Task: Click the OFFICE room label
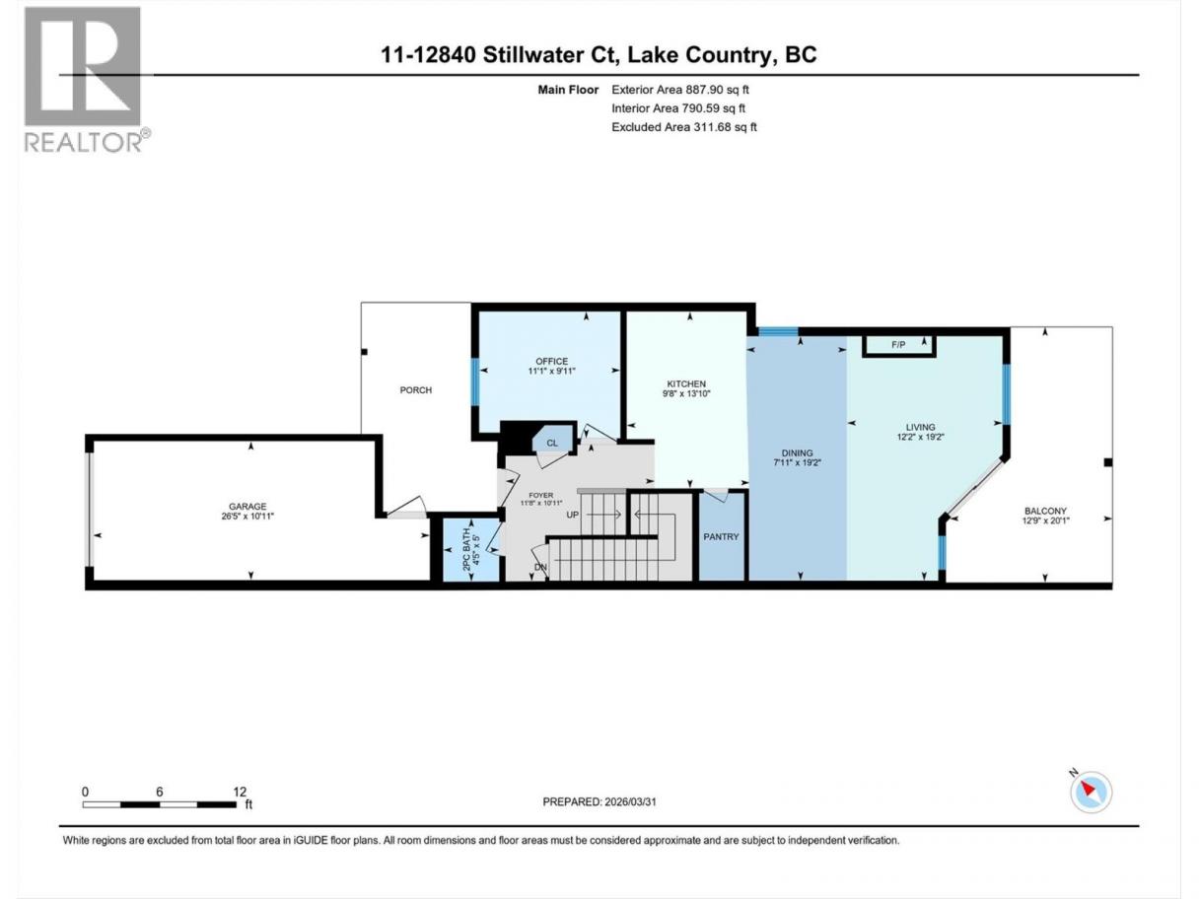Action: point(552,362)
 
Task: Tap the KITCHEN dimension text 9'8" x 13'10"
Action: point(686,393)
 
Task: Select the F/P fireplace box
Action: point(899,345)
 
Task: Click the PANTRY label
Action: point(721,536)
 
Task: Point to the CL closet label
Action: point(552,443)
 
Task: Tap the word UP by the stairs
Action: point(573,515)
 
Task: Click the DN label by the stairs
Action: point(540,567)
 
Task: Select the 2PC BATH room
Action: point(471,549)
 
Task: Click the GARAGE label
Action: point(247,507)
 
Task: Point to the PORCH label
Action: point(416,389)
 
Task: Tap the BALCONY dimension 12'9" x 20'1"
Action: point(1045,520)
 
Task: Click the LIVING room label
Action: point(920,427)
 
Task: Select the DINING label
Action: point(797,452)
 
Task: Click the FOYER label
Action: point(540,495)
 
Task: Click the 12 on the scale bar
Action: point(240,792)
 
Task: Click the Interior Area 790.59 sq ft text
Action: point(677,108)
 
